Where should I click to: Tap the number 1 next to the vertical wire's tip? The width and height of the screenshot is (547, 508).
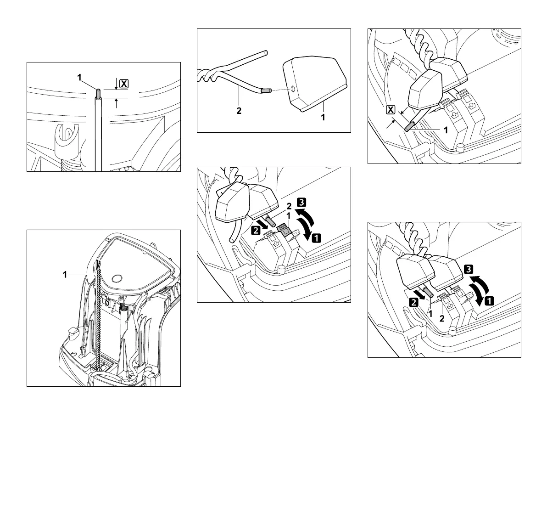tap(79, 79)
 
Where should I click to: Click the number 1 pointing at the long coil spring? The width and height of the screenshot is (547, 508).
tap(65, 275)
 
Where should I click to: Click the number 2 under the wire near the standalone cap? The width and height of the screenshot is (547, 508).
tap(239, 111)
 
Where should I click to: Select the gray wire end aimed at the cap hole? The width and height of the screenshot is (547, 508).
tap(265, 91)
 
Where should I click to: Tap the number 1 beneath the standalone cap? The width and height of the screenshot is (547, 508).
tap(323, 117)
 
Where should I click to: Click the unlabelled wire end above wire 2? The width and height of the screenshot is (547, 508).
tap(265, 53)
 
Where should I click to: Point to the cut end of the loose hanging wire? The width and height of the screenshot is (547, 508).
tap(231, 240)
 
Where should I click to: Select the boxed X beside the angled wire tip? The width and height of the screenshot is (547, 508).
tap(391, 109)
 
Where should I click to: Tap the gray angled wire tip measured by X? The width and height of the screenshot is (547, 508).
tap(409, 127)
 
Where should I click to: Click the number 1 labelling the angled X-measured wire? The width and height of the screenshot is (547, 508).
tap(445, 130)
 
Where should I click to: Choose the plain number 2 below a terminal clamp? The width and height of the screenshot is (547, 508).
tap(442, 319)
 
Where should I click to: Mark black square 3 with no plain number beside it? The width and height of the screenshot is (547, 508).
tap(469, 270)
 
